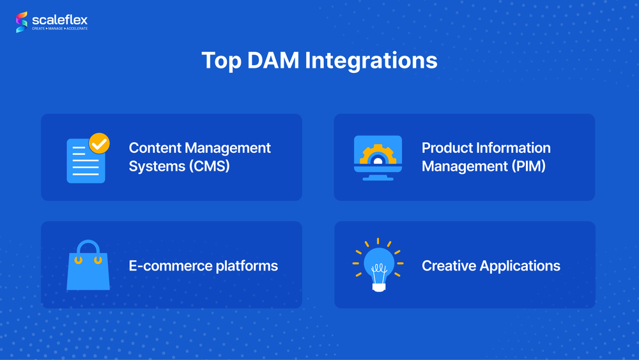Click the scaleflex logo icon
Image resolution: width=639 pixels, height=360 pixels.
pyautogui.click(x=22, y=22)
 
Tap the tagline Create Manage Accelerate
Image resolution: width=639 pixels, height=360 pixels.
pyautogui.click(x=60, y=29)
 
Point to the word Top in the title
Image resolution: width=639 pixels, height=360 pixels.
pyautogui.click(x=221, y=60)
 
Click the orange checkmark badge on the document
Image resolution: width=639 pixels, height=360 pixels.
pyautogui.click(x=98, y=143)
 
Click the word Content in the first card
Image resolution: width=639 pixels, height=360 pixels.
pyautogui.click(x=155, y=148)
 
